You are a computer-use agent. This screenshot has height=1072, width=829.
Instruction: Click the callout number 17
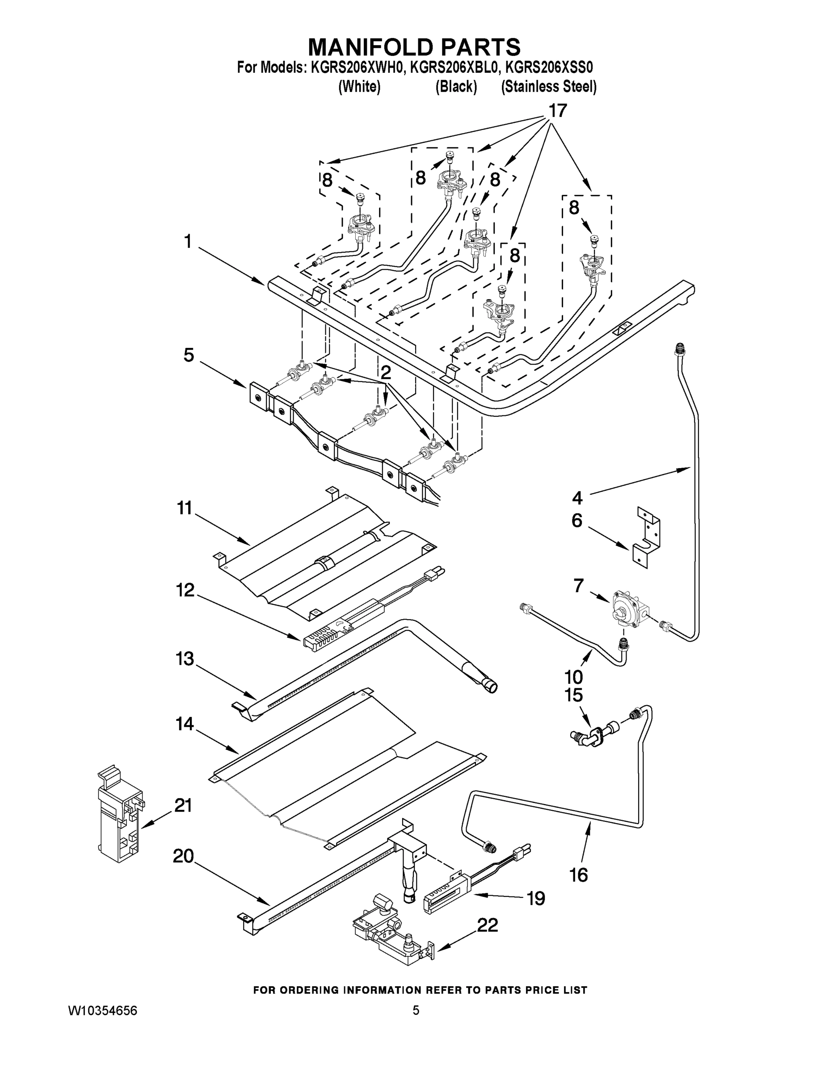(x=557, y=111)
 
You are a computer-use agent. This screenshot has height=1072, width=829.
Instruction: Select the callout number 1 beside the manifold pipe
(x=187, y=242)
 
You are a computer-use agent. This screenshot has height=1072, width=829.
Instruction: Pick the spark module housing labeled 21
(x=119, y=815)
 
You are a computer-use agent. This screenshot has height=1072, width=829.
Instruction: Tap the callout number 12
(x=185, y=590)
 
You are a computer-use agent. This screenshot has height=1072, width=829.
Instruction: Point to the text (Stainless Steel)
(x=549, y=87)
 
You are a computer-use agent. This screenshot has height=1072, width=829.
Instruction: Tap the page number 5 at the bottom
(x=416, y=1010)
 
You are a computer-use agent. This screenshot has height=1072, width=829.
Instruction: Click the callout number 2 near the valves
(x=386, y=372)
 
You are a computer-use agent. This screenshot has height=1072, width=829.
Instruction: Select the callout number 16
(x=579, y=875)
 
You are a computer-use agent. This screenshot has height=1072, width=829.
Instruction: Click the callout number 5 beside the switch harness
(x=189, y=355)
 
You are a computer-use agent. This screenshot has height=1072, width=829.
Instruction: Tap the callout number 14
(x=185, y=724)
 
